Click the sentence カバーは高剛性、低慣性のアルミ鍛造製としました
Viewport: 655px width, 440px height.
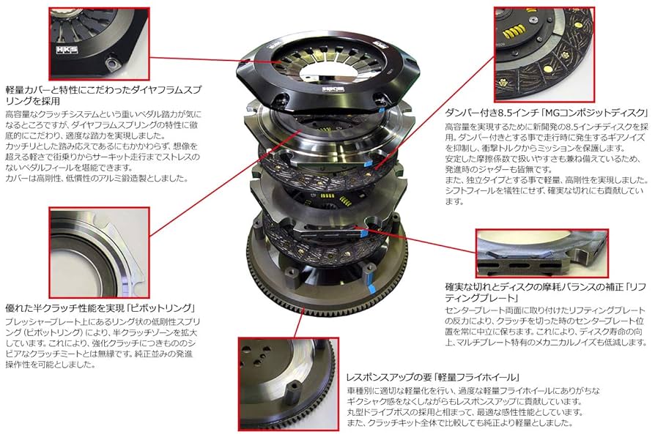coord(95,178)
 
